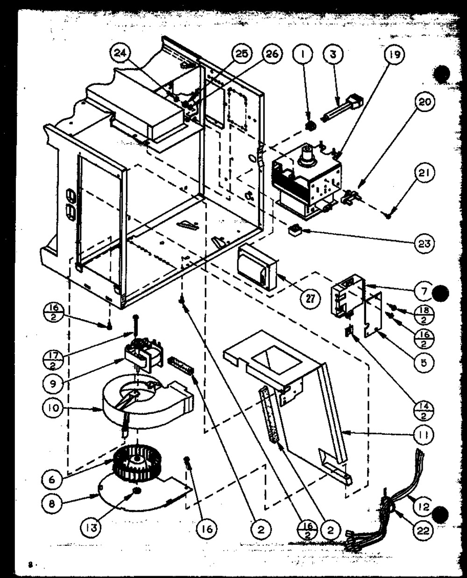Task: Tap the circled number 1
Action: coord(303,54)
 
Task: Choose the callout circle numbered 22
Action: coord(423,530)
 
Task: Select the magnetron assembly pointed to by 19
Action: coord(306,184)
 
